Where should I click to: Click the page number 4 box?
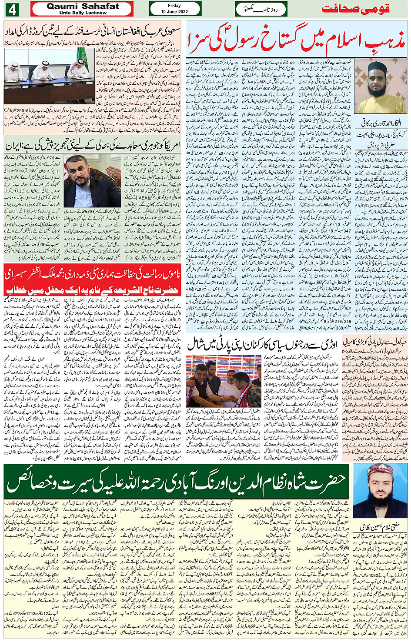[12, 9]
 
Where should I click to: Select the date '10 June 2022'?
[174, 12]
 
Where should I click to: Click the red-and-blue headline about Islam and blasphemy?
[297, 41]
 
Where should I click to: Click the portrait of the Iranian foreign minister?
[92, 181]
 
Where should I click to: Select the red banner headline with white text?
[92, 282]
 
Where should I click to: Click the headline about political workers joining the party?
[263, 344]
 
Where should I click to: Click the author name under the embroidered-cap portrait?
[381, 528]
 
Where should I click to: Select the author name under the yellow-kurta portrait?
[381, 123]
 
